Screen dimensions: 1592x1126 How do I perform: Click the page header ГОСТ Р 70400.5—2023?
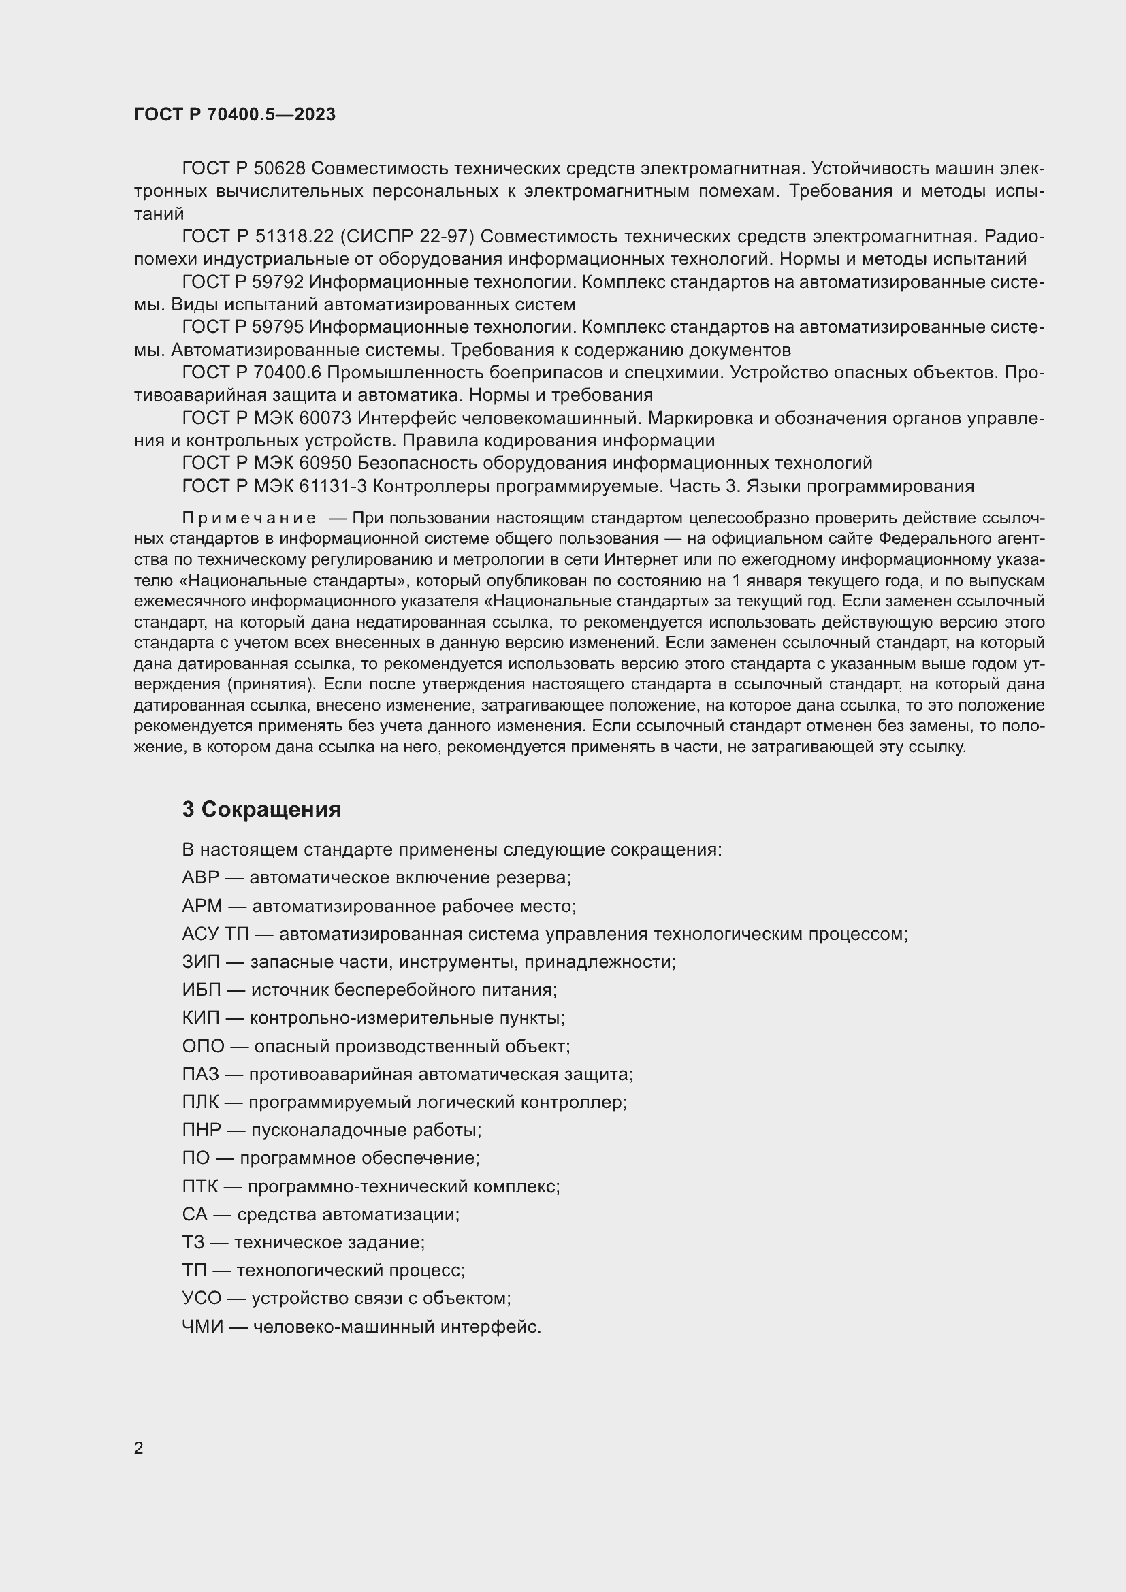234,114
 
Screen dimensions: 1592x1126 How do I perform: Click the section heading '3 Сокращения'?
261,809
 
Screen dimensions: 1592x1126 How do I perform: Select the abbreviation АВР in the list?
200,878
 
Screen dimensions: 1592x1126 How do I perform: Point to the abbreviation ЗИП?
199,962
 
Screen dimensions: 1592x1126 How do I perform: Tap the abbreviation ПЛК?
199,1103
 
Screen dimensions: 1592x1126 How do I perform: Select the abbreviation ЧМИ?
202,1327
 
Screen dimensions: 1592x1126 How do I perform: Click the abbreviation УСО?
202,1299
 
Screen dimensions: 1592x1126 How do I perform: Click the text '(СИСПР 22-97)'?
406,237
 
